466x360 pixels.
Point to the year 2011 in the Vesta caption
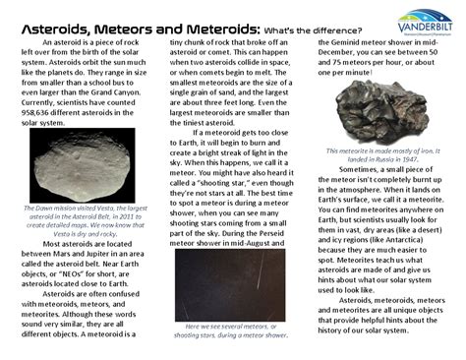[x=130, y=217]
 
